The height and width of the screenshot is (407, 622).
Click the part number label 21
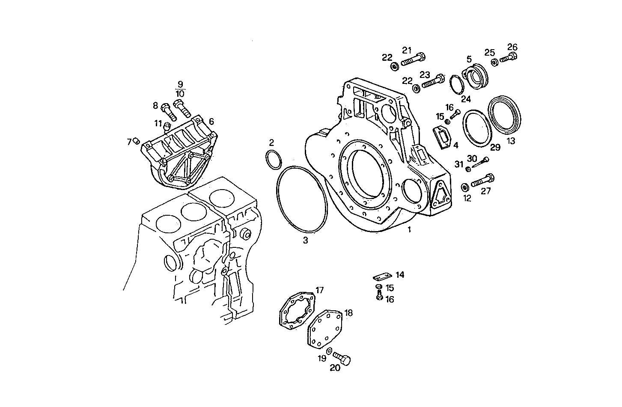pyautogui.click(x=406, y=50)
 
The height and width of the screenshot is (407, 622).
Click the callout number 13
pyautogui.click(x=511, y=140)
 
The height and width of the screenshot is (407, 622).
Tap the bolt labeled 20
pyautogui.click(x=342, y=359)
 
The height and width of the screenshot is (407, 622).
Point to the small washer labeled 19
pyautogui.click(x=329, y=351)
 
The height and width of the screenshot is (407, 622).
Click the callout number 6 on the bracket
pyautogui.click(x=211, y=122)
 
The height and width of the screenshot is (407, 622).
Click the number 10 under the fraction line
pyautogui.click(x=180, y=93)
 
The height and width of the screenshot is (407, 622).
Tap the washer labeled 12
pyautogui.click(x=464, y=187)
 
